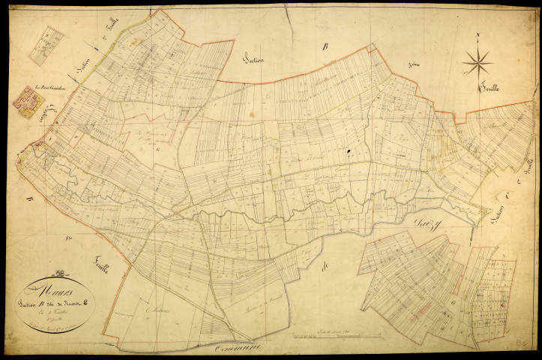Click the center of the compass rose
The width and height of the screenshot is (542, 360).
477,62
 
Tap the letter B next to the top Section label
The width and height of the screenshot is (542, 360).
325,47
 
